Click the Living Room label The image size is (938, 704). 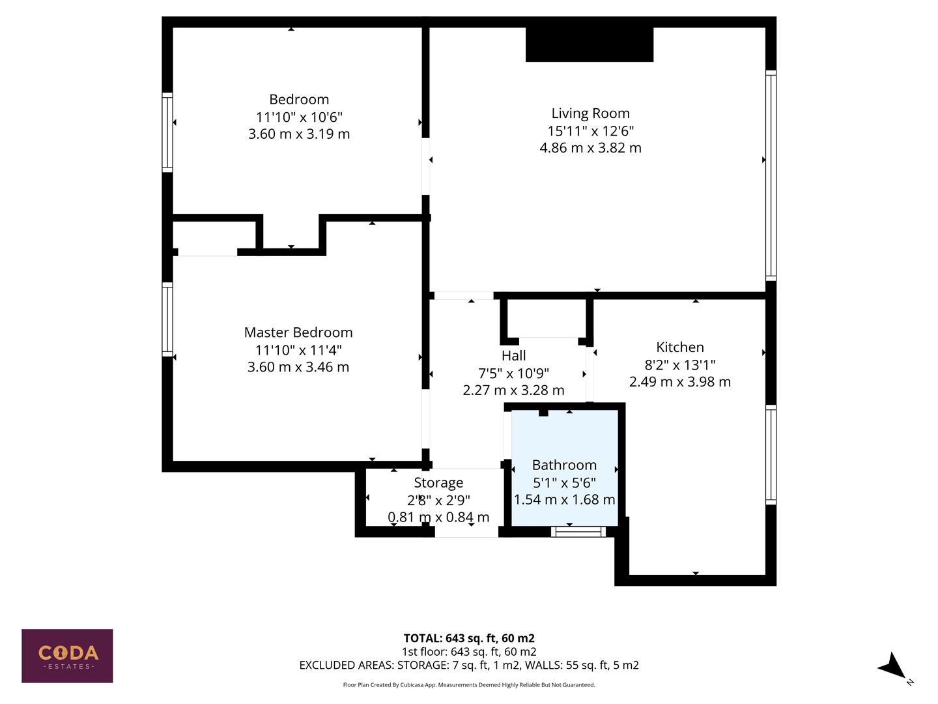[x=590, y=113]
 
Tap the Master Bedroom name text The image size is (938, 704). [x=298, y=332]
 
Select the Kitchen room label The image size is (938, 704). [x=679, y=347]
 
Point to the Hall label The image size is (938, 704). [x=513, y=356]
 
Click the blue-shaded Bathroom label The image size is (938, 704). [x=564, y=465]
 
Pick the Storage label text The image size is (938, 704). [x=438, y=483]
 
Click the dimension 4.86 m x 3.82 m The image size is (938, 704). [x=590, y=148]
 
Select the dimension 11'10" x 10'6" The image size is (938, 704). [x=299, y=117]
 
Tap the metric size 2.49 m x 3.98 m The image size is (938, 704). [x=679, y=382]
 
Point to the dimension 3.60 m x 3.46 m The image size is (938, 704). [x=298, y=367]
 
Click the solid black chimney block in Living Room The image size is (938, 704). [x=589, y=44]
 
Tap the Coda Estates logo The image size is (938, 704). [x=67, y=656]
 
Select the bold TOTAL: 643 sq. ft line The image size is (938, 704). [x=469, y=638]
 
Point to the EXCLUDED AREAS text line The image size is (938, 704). [x=469, y=665]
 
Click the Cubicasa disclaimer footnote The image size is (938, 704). [x=469, y=684]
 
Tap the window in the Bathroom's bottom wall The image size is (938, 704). [x=578, y=532]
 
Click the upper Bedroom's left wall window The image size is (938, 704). [x=167, y=133]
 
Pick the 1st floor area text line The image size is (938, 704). [x=469, y=652]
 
